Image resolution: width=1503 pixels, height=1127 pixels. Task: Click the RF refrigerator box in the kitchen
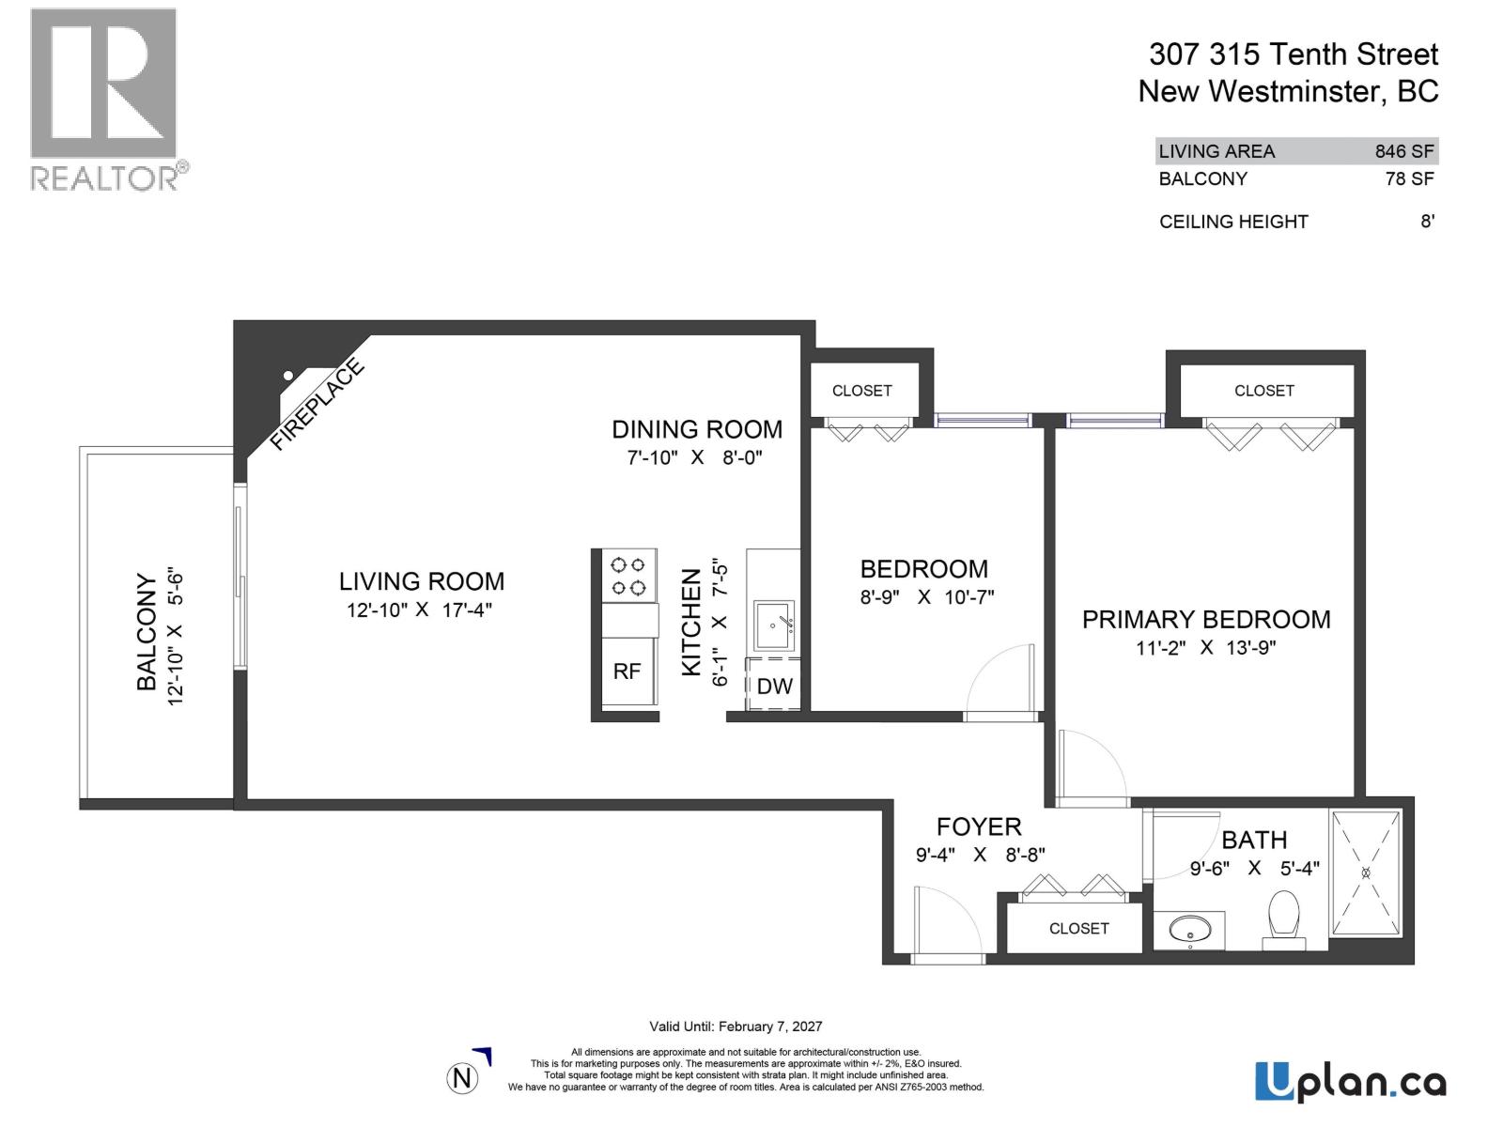[x=628, y=671]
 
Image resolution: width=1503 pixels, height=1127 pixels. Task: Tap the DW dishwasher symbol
[x=774, y=686]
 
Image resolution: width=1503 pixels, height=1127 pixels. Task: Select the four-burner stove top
[x=628, y=577]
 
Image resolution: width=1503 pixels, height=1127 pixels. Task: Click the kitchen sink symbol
[x=774, y=625]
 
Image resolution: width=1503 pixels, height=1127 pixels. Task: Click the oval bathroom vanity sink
[x=1189, y=932]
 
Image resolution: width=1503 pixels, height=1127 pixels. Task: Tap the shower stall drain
[x=1366, y=872]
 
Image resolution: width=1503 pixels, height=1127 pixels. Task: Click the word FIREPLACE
[x=317, y=405]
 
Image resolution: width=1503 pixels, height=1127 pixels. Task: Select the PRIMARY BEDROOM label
[x=1206, y=620]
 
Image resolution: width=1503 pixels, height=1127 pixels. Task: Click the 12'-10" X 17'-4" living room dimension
[x=419, y=610]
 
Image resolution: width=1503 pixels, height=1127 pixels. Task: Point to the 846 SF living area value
[x=1404, y=151]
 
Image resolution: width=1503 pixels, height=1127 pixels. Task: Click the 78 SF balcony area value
[x=1409, y=178]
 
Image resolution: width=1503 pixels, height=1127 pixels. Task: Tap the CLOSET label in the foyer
[x=1078, y=928]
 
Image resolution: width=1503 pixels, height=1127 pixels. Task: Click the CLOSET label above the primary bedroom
[x=1263, y=391]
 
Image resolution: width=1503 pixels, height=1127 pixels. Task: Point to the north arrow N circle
[x=461, y=1078]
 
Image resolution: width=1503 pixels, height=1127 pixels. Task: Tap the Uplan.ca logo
[x=1350, y=1082]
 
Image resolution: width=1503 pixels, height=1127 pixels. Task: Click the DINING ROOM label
[x=697, y=429]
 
